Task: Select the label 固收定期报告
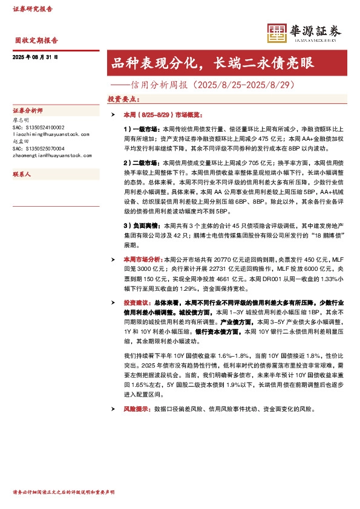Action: (x=36, y=41)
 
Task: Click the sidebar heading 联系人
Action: (x=22, y=173)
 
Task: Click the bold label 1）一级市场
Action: (x=139, y=129)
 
